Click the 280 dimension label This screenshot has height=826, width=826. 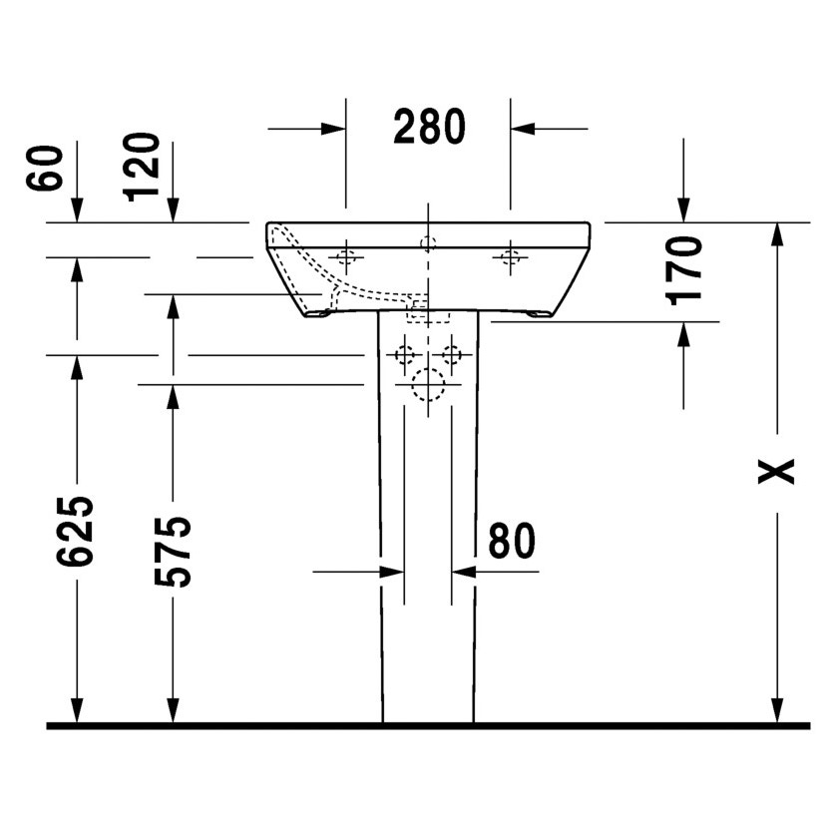coord(429,127)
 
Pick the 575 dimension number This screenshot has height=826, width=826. coord(173,551)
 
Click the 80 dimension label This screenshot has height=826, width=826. coord(511,541)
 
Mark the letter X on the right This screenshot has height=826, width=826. coord(776,470)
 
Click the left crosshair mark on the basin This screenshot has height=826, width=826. coord(346,257)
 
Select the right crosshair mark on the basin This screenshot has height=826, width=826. coord(510,257)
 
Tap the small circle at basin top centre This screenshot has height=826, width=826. coord(428,242)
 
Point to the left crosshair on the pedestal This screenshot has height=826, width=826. coord(404,354)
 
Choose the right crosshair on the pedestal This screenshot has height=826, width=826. coord(452,354)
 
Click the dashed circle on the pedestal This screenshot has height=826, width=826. coord(428,384)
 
